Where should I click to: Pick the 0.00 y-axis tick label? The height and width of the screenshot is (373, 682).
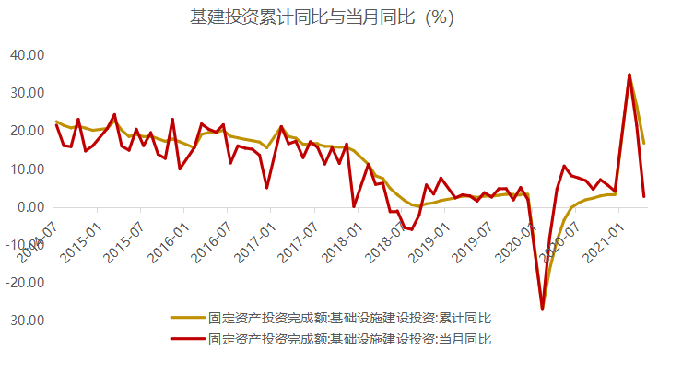[x=29, y=207]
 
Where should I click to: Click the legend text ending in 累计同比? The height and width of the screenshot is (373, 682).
[x=351, y=318]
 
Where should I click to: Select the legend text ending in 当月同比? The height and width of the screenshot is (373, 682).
[x=351, y=339]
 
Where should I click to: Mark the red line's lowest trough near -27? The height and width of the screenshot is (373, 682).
[x=542, y=309]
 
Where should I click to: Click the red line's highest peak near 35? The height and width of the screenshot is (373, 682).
[x=629, y=75]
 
